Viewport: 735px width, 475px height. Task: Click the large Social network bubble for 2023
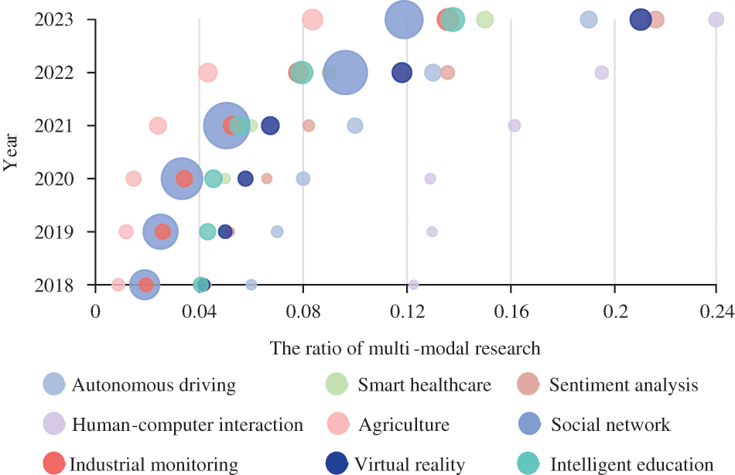(404, 19)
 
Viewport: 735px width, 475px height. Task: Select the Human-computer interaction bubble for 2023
(716, 19)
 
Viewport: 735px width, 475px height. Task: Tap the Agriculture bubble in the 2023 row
(312, 19)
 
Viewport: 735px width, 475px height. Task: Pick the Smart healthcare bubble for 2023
(484, 19)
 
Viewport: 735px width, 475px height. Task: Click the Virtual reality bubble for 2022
(402, 73)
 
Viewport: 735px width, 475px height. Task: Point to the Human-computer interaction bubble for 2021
(514, 125)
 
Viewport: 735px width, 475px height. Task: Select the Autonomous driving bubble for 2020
(303, 179)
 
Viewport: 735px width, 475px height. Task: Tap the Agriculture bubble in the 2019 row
(126, 231)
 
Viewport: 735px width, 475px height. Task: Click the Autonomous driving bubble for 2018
(251, 285)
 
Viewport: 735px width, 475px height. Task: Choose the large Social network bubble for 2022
(346, 73)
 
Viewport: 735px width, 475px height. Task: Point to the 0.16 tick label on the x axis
(511, 311)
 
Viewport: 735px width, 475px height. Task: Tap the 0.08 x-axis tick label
(303, 311)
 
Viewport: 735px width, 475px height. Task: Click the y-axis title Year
(12, 151)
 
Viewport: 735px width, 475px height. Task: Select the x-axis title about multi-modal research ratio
(405, 347)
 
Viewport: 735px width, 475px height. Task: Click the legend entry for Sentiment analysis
(623, 384)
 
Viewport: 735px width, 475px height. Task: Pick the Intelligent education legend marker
(528, 463)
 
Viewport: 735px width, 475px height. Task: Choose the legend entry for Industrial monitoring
(153, 464)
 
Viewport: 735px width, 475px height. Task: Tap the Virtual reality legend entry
(409, 464)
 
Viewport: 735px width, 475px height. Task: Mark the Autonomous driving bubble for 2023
(589, 19)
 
